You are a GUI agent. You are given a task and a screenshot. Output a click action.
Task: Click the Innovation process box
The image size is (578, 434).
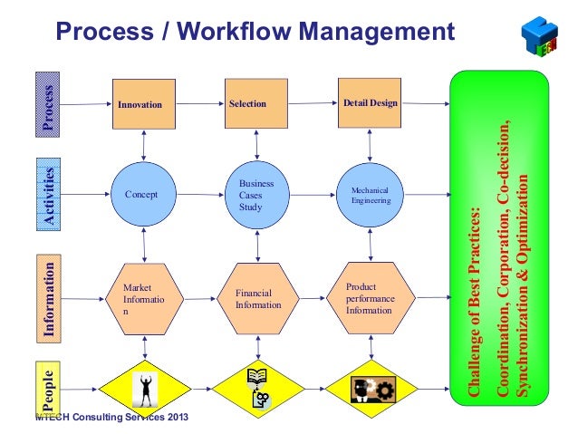(x=143, y=104)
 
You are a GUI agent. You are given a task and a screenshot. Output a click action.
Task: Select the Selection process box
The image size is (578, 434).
(x=256, y=104)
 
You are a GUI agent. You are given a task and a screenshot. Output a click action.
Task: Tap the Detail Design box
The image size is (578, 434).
(x=370, y=103)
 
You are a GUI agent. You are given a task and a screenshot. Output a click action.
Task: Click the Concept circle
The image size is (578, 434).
(x=143, y=194)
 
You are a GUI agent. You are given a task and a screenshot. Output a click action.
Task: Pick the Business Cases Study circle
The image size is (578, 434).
(x=256, y=194)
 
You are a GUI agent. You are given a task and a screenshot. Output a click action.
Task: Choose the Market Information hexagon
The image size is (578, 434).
(x=143, y=299)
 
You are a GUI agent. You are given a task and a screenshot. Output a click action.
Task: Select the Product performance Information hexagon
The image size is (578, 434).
(x=370, y=299)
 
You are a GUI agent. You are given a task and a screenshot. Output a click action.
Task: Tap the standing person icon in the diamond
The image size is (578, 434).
(x=144, y=388)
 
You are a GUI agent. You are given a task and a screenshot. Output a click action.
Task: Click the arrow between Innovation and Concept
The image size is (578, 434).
(x=143, y=142)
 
